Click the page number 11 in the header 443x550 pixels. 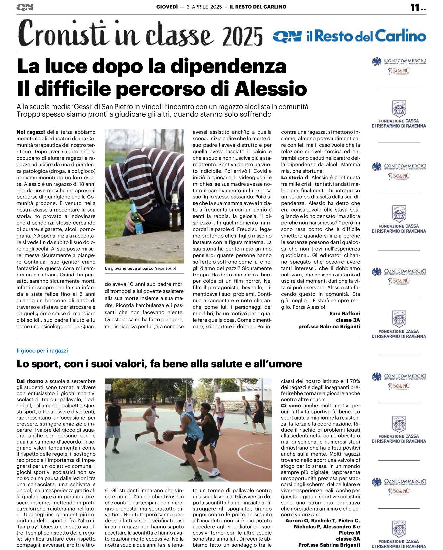coord(415,7)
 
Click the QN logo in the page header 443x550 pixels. coord(25,7)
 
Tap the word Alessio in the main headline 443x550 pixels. coord(271,89)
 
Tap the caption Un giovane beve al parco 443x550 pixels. coord(129,268)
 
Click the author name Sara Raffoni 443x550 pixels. coord(344,313)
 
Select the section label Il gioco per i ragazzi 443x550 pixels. coord(42,351)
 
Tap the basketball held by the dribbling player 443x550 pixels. coord(168,436)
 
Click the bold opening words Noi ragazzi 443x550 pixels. coord(31,132)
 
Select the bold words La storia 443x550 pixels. coord(292,178)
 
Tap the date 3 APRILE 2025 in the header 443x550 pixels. coord(204,7)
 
